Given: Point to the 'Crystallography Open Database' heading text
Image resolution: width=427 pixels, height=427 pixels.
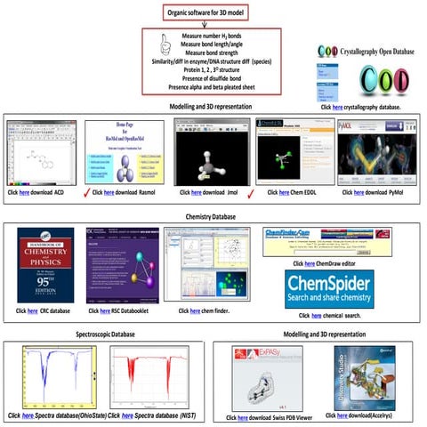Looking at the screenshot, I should coord(377,53).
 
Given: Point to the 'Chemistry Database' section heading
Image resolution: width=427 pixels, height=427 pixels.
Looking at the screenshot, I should coord(212,215).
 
